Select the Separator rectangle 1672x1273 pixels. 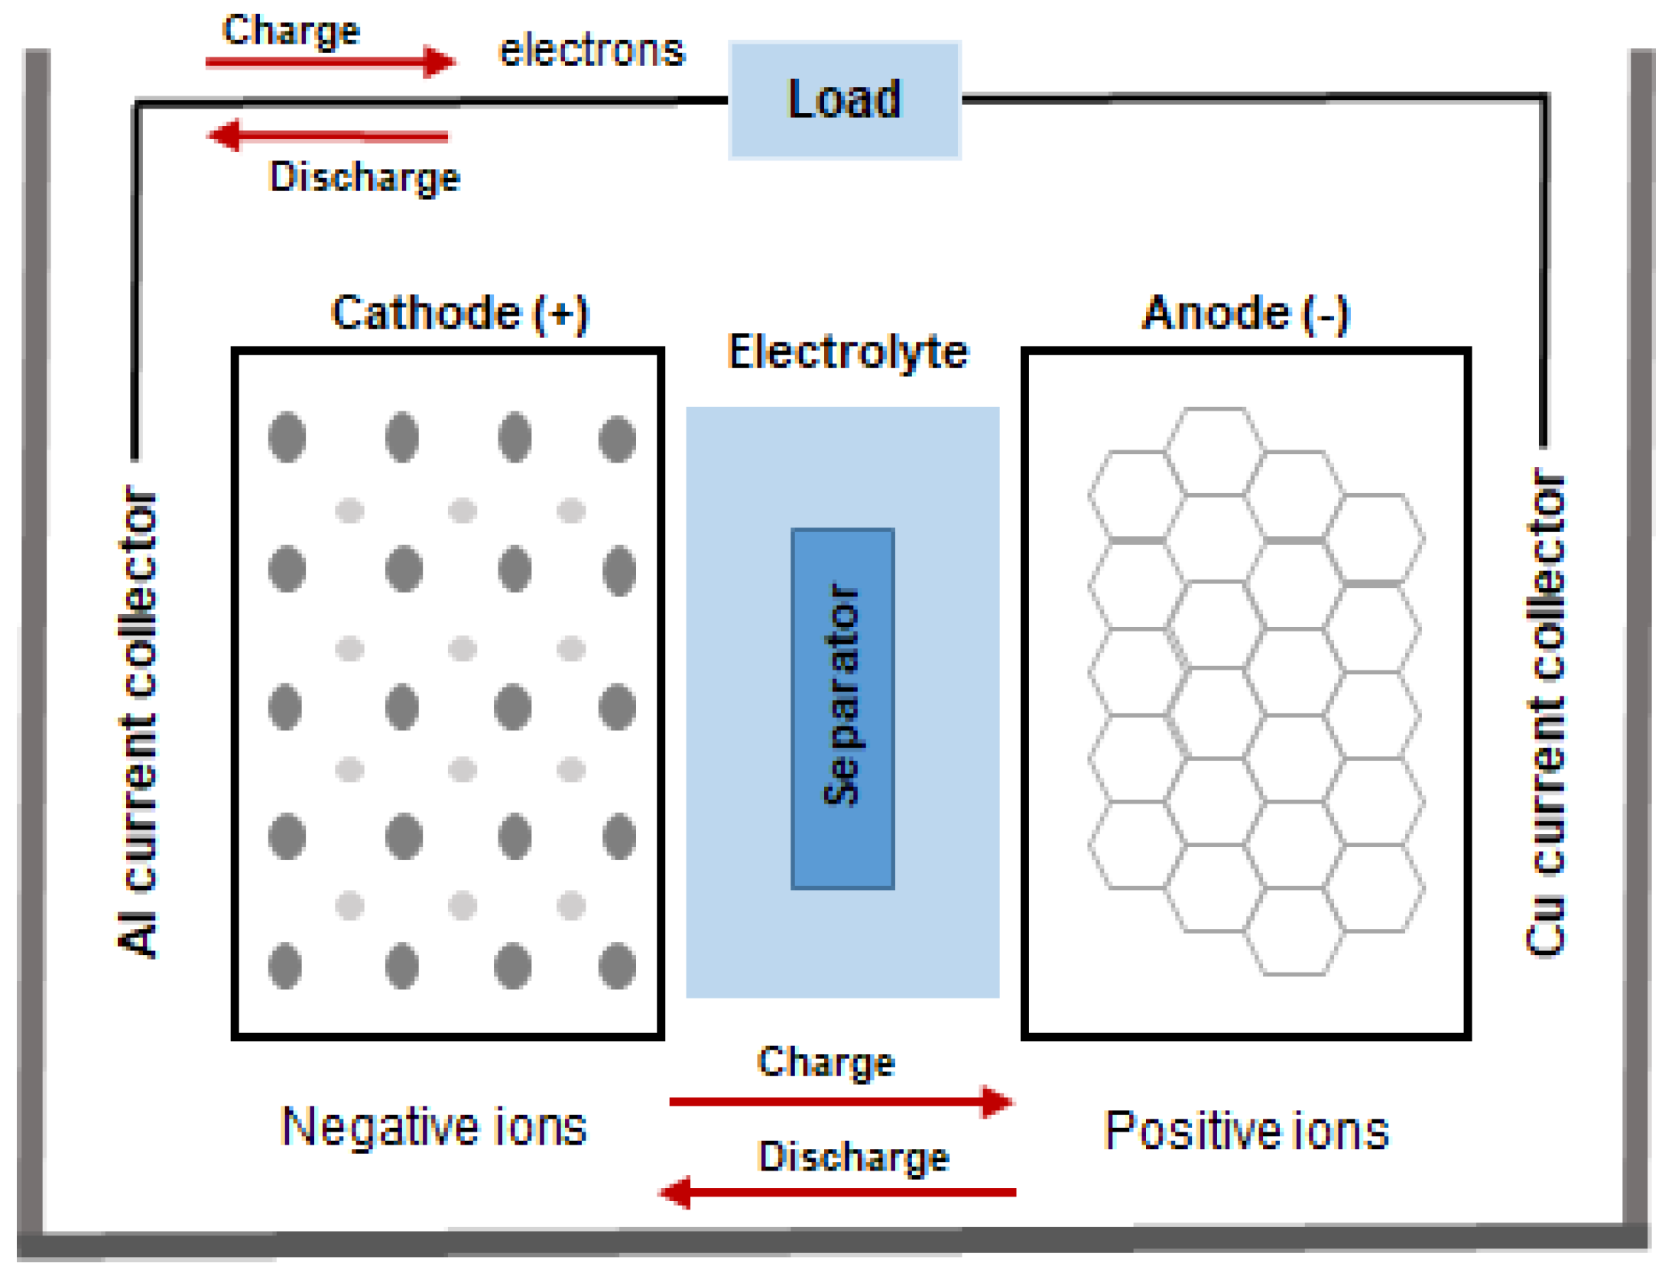click(x=842, y=708)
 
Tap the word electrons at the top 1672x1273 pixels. click(x=591, y=50)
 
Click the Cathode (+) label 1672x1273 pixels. click(x=459, y=313)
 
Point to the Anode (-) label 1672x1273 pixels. click(x=1245, y=313)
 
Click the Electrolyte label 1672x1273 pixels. click(x=847, y=352)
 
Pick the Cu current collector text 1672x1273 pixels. click(x=1544, y=711)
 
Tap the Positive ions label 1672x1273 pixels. click(x=1245, y=1130)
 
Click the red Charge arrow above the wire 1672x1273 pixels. click(x=330, y=62)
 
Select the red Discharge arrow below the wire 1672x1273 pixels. click(x=329, y=136)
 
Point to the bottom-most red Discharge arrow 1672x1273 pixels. click(x=837, y=1192)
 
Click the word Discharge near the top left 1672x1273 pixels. click(x=365, y=177)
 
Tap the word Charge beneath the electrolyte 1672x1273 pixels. click(x=826, y=1061)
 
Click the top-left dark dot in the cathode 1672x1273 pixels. click(x=287, y=437)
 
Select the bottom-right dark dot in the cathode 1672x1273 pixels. click(x=616, y=966)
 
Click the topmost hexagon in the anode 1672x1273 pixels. click(x=1214, y=451)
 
